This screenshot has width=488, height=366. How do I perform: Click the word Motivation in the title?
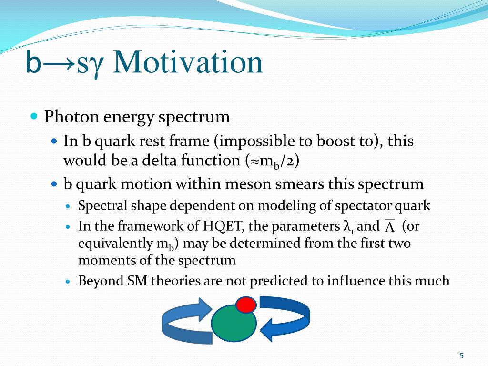(188, 62)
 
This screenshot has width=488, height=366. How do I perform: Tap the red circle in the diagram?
(246, 305)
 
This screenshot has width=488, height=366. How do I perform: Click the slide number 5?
(461, 356)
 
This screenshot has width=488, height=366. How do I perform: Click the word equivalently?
(115, 244)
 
